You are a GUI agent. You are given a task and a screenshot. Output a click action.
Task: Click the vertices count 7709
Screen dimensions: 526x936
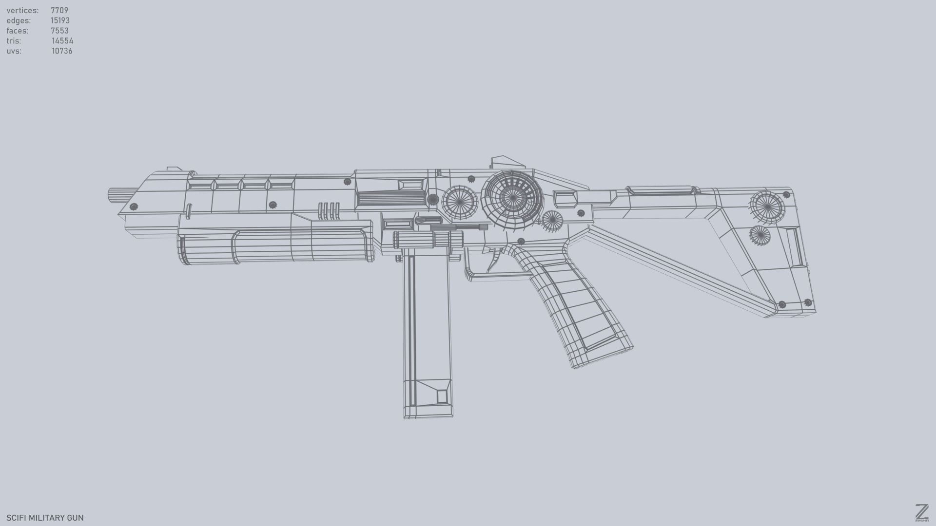59,10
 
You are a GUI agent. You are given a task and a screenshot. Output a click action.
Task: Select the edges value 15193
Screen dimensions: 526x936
60,20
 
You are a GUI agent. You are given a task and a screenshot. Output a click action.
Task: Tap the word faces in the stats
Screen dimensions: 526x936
17,31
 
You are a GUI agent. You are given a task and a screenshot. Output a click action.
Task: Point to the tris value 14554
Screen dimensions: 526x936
62,41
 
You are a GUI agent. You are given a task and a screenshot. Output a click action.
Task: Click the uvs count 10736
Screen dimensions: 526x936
62,51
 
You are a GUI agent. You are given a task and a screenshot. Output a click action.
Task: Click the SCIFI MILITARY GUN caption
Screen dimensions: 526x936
45,518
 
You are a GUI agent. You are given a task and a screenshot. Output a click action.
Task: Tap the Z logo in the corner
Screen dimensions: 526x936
921,512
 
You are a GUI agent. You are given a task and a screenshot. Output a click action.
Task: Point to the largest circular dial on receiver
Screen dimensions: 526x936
512,198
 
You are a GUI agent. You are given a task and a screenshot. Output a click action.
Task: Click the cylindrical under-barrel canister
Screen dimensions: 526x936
275,246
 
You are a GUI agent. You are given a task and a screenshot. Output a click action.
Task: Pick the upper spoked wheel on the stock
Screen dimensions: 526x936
767,207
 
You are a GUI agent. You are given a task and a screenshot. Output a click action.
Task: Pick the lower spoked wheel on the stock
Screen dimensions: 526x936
760,236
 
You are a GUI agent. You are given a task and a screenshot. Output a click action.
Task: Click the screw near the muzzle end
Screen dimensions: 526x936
134,207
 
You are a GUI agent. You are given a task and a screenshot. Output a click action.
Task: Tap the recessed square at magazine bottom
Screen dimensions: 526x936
442,395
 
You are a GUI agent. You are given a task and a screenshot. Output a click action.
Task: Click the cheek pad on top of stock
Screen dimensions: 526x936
661,190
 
